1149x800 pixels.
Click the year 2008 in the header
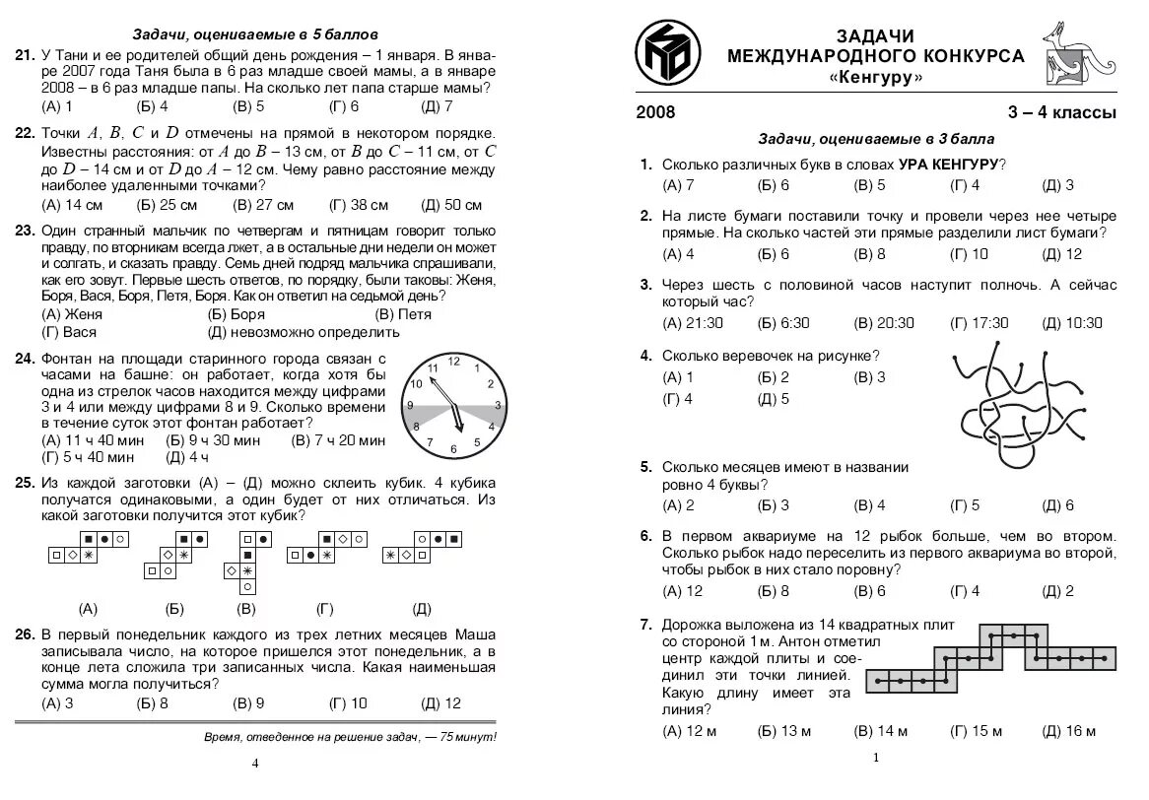coord(656,112)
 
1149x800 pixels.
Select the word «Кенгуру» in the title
coord(876,77)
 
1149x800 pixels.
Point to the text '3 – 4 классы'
coord(1061,112)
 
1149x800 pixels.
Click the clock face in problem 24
coord(454,405)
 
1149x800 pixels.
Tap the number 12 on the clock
coord(454,362)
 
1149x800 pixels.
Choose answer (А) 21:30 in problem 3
coord(693,323)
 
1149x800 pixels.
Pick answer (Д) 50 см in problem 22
coord(451,205)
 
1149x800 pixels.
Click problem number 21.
coord(25,55)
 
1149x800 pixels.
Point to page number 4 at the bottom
coord(255,764)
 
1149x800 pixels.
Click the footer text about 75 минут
coord(350,737)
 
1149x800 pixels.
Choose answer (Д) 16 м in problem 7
coord(1068,731)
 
